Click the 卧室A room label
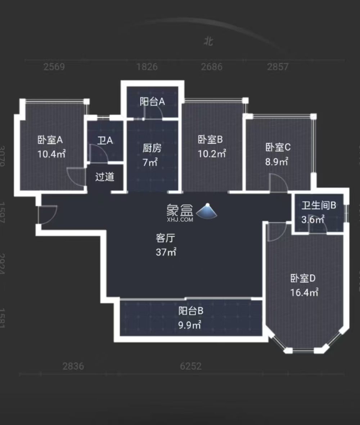tap(50, 139)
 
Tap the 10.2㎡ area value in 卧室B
tap(212, 154)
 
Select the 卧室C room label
tap(278, 147)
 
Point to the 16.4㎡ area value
tap(304, 292)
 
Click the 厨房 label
tap(152, 148)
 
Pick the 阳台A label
tap(152, 102)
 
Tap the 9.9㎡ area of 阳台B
tap(190, 325)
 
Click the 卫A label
tap(105, 140)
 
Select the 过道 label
tap(105, 177)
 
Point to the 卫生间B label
tap(319, 206)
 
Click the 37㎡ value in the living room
tap(166, 252)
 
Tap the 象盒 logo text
tap(180, 210)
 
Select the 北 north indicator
tap(208, 41)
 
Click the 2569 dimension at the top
tap(54, 67)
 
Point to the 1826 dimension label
tap(147, 67)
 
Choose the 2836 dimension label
tap(73, 366)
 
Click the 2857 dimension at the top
tap(278, 67)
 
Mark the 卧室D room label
tap(303, 278)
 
